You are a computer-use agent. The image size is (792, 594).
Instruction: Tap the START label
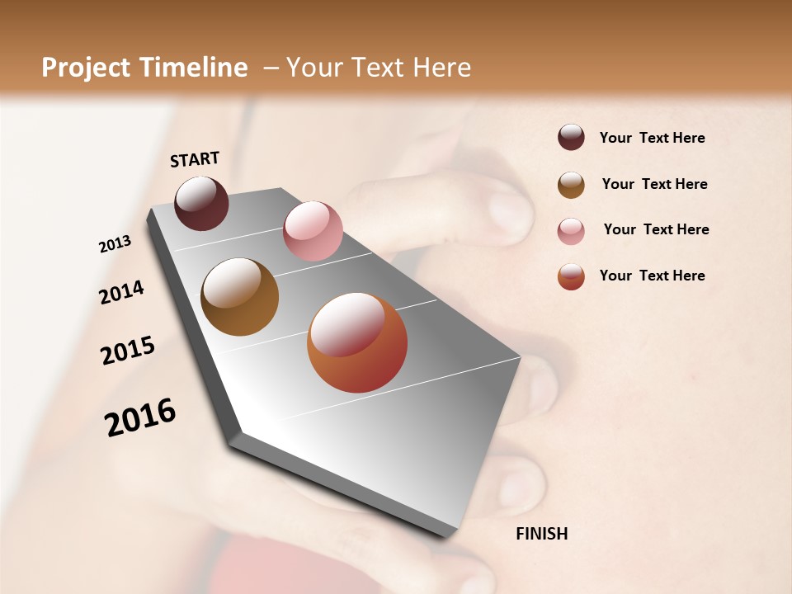point(195,159)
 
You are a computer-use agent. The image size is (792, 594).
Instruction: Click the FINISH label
point(542,534)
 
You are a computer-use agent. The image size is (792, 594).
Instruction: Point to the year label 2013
point(115,244)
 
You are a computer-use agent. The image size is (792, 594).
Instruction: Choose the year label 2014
point(121,292)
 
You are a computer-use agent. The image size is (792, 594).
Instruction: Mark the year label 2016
point(140,417)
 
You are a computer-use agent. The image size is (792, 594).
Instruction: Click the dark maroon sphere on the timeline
point(201,203)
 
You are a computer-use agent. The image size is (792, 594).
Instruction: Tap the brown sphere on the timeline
point(240,297)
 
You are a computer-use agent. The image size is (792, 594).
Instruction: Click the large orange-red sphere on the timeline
point(357,342)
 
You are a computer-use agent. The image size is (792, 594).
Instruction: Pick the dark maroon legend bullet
point(571,138)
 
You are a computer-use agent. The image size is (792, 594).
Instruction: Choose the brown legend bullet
point(571,185)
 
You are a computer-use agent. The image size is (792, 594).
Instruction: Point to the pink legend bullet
point(571,230)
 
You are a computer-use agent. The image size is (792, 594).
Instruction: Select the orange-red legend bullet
point(571,276)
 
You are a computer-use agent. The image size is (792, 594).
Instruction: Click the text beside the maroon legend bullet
point(652,139)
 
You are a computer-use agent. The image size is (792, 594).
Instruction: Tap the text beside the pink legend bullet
point(656,229)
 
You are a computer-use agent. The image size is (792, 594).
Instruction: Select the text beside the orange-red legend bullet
point(652,276)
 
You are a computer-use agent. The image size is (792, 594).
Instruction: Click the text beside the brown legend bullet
point(654,184)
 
